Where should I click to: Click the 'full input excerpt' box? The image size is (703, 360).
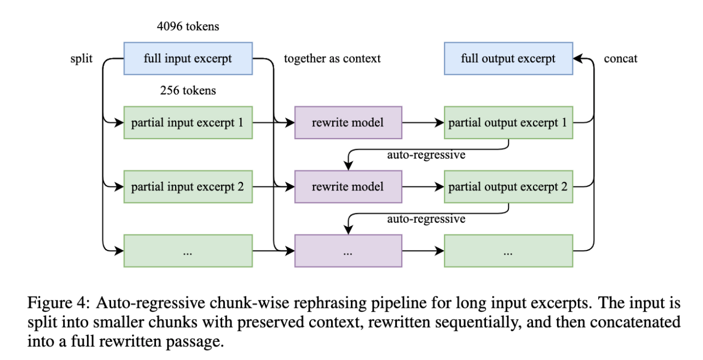(x=188, y=58)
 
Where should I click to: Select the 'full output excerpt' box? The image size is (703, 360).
(x=508, y=58)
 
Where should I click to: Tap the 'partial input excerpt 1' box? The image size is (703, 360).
(x=188, y=123)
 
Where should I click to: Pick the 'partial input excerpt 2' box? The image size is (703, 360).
(x=188, y=187)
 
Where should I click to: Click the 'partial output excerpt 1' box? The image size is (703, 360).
(x=508, y=123)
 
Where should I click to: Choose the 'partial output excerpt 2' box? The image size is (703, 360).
(x=508, y=187)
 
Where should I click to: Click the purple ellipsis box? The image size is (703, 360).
(x=348, y=251)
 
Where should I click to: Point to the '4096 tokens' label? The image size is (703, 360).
(x=188, y=27)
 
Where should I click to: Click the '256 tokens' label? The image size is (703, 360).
(x=188, y=90)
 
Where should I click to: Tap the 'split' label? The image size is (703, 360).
(x=81, y=58)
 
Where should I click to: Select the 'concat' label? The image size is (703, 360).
(x=621, y=58)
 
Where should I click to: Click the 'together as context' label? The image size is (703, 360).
(x=332, y=58)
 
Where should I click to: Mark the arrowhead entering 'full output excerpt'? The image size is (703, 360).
(x=578, y=58)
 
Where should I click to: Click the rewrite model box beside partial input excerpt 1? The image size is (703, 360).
(x=348, y=123)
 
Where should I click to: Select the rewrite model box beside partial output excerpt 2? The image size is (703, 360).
(x=348, y=187)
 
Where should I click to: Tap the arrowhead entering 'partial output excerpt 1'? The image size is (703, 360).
(x=439, y=123)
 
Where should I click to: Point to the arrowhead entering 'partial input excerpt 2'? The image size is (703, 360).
(x=118, y=187)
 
